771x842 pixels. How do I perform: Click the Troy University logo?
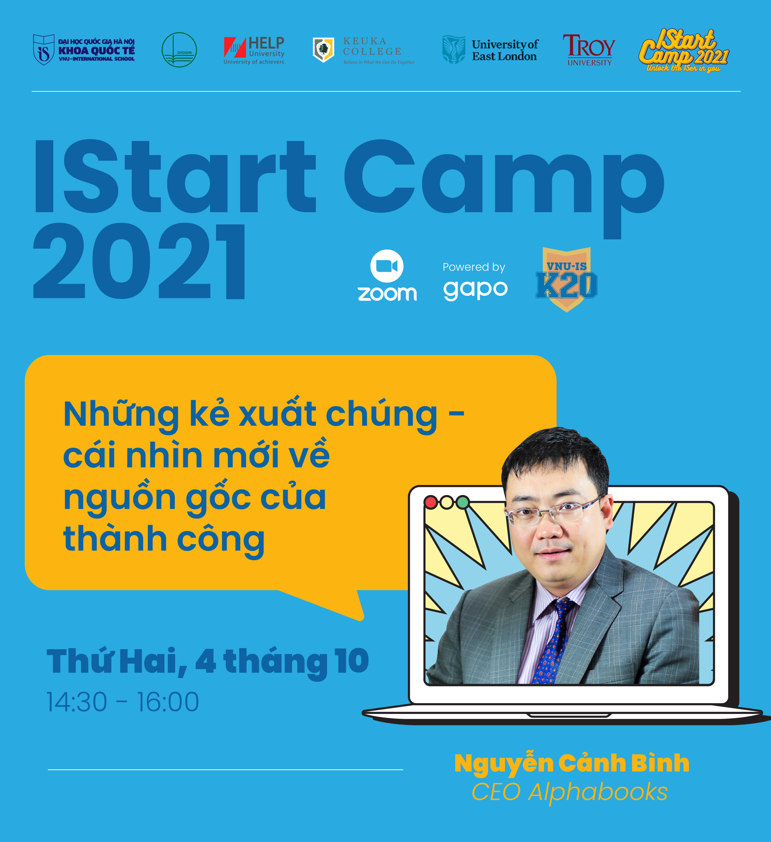pos(589,50)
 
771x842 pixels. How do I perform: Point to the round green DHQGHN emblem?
pos(179,50)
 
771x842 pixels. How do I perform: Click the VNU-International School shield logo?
pos(43,50)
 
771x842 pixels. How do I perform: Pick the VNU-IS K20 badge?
pos(566,279)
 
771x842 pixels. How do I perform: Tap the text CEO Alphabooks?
pos(570,792)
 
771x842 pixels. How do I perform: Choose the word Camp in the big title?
pos(504,189)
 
